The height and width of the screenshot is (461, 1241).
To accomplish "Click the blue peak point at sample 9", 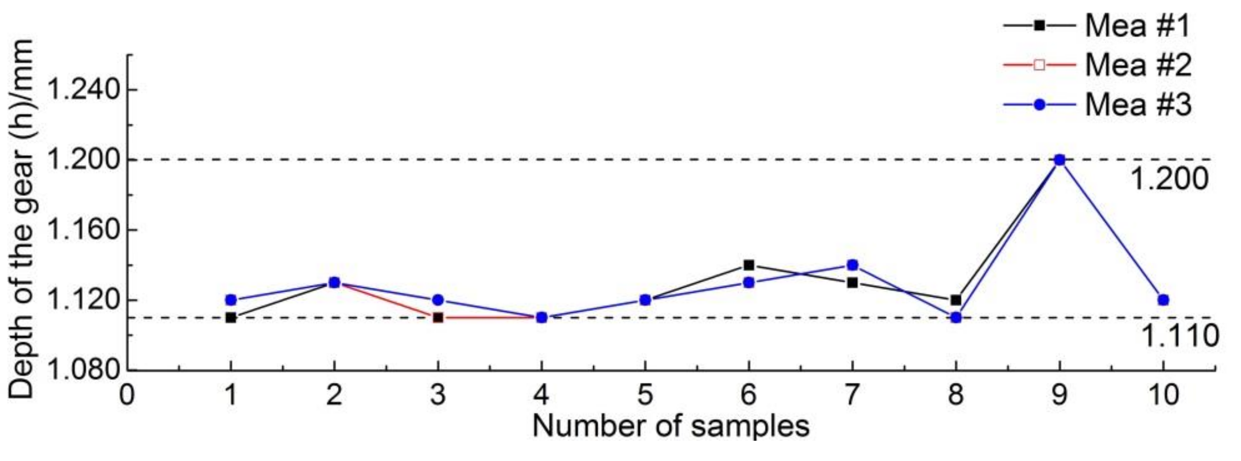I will pyautogui.click(x=1060, y=160).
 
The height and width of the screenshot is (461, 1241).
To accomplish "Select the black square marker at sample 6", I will pyautogui.click(x=748, y=265).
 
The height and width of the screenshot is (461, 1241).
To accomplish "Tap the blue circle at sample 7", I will pyautogui.click(x=852, y=265).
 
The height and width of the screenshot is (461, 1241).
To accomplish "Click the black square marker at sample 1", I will pyautogui.click(x=231, y=318).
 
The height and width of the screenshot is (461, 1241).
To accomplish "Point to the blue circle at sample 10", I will pyautogui.click(x=1163, y=300).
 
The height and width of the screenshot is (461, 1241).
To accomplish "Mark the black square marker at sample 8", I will pyautogui.click(x=956, y=300).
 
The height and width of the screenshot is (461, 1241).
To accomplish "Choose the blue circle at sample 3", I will pyautogui.click(x=438, y=300).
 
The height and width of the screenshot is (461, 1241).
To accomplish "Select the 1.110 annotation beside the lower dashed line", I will pyautogui.click(x=1180, y=336).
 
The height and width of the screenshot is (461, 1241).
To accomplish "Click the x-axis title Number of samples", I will pyautogui.click(x=671, y=426).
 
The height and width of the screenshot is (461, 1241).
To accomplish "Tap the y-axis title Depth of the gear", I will pyautogui.click(x=22, y=219).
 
